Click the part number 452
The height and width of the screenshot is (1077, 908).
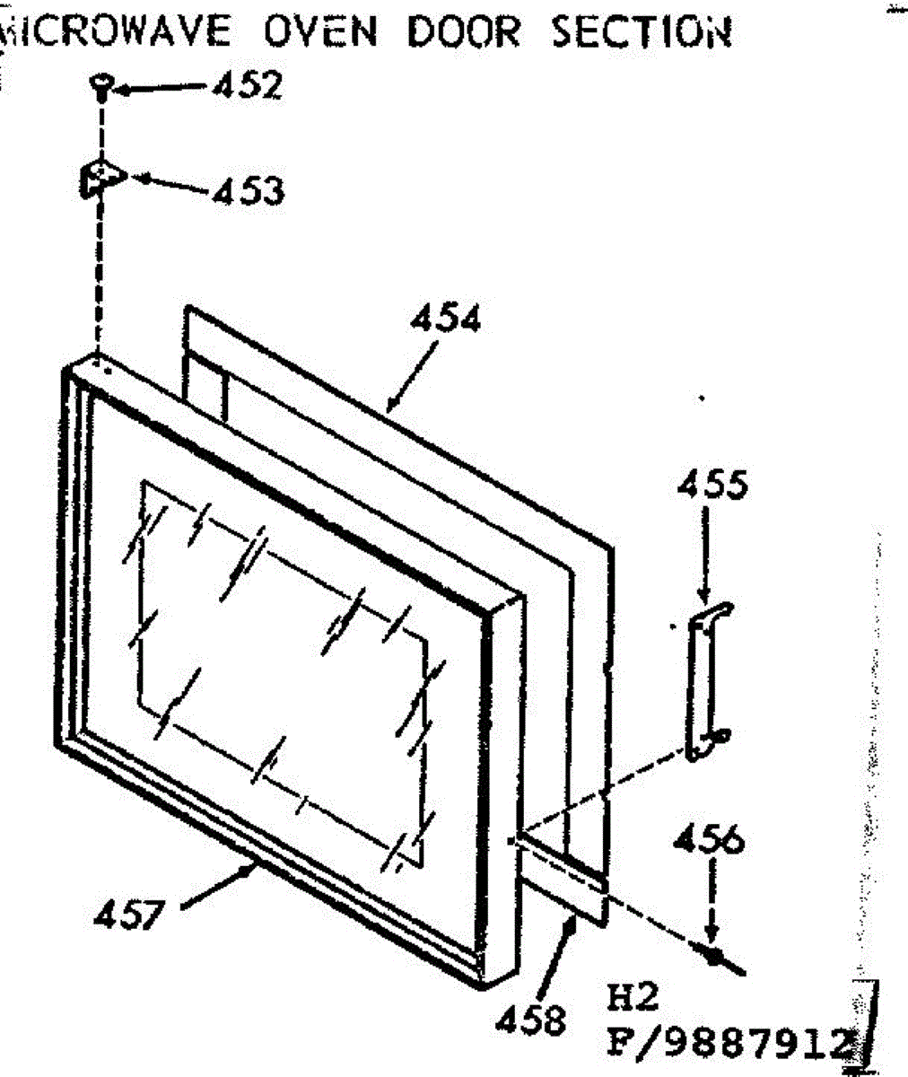click(x=246, y=86)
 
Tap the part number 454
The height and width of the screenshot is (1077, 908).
click(x=445, y=319)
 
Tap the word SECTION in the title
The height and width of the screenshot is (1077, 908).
click(x=640, y=31)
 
